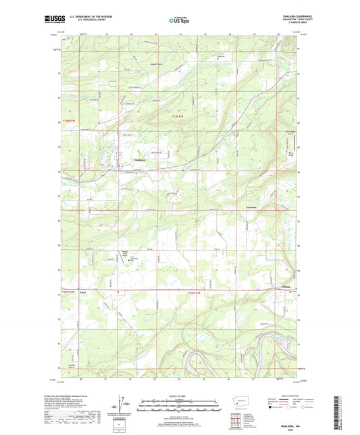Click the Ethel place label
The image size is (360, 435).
pos(82,292)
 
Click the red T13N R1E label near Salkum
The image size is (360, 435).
pos(194,292)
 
